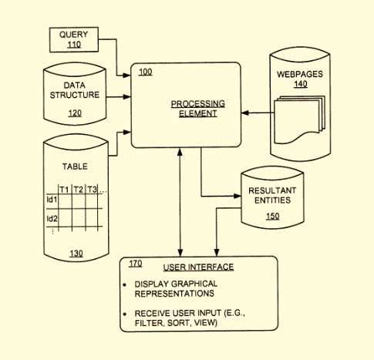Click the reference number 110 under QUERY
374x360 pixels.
click(74, 45)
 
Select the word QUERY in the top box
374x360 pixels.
click(73, 34)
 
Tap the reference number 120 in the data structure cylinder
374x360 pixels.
click(75, 113)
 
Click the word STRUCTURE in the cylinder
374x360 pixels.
click(75, 95)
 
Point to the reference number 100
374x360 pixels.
click(145, 72)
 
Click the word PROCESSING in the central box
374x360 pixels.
click(198, 103)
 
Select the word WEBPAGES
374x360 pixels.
click(300, 74)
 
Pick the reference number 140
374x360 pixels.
click(301, 84)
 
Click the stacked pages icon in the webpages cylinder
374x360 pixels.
click(299, 119)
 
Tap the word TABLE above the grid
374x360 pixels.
click(75, 167)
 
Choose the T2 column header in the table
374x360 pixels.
click(79, 190)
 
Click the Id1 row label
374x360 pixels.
click(52, 200)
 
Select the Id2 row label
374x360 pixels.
click(52, 219)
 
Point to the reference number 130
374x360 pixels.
click(76, 254)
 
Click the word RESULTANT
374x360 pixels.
click(272, 190)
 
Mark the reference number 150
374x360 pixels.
click(273, 216)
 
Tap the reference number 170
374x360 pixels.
click(136, 264)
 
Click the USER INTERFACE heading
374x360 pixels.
click(198, 267)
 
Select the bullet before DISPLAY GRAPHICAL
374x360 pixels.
click(125, 285)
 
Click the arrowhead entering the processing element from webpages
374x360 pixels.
click(245, 113)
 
